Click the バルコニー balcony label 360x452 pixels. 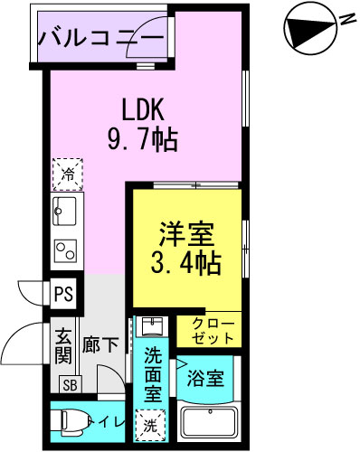(101, 39)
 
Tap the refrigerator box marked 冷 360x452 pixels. (67, 174)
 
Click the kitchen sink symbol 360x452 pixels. (66, 213)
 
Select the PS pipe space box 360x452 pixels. (63, 294)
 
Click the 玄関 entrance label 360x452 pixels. (63, 344)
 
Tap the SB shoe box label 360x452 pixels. (69, 383)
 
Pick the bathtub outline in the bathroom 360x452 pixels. (209, 422)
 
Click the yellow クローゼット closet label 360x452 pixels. (213, 330)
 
